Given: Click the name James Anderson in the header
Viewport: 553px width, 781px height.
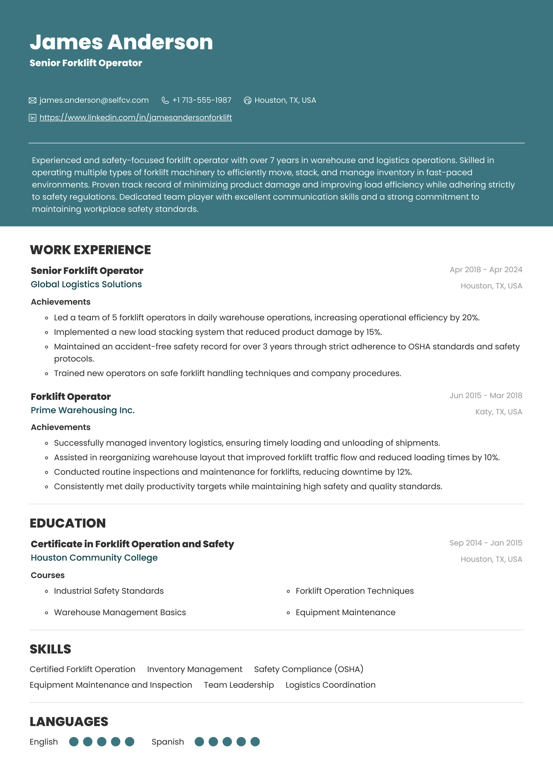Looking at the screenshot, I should coord(121,42).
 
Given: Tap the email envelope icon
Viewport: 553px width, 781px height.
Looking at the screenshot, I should coord(33,100).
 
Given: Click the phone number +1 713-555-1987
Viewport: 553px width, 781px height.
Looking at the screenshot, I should coord(202,100).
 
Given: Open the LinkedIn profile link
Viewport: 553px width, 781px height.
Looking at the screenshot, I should coord(136,118).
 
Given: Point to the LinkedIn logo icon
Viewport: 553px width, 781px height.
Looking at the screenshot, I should coord(33,118).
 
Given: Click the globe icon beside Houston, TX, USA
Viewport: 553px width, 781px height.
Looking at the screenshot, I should coord(247,100).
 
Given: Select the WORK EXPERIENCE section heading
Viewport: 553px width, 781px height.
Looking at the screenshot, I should coord(90,250).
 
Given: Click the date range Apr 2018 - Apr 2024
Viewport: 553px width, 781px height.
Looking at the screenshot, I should coord(486,269).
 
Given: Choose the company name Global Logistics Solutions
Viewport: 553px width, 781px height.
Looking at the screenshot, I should coord(86,284).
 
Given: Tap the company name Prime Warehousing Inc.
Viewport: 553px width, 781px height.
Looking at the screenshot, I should coord(83,410).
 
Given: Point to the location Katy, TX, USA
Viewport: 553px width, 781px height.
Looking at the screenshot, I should coord(499,412).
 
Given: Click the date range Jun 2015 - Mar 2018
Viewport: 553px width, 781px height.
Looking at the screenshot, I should coord(486,395).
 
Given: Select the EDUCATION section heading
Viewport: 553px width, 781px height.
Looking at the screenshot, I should coord(68,523).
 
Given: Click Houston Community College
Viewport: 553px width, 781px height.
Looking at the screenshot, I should coord(94,557).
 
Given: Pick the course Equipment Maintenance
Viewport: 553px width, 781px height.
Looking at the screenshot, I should coord(345,612).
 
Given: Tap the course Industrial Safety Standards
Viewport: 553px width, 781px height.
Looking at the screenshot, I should coord(109,591).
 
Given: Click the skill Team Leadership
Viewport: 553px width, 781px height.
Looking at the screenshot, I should coord(239,685).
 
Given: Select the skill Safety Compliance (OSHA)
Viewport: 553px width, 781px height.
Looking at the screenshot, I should coord(308,669).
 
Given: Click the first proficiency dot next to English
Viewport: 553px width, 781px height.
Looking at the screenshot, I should coord(74,742).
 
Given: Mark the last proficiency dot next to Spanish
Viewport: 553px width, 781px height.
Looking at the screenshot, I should coord(255,742).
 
